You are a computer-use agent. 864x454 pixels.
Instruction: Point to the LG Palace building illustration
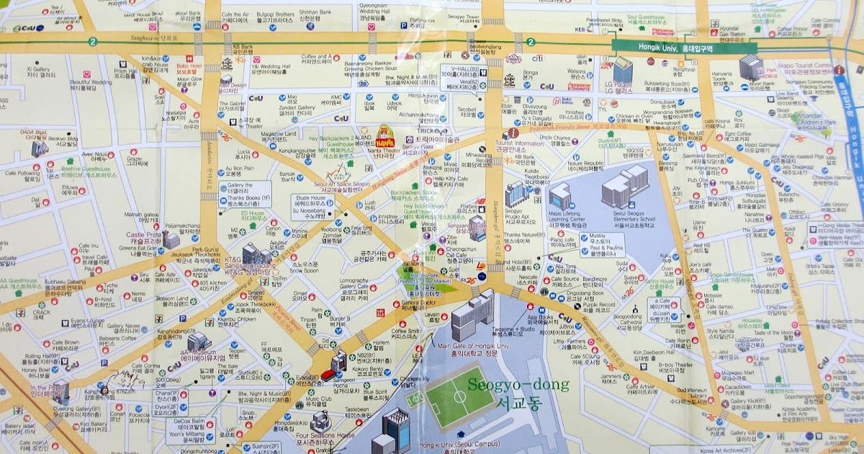click(x=622, y=69)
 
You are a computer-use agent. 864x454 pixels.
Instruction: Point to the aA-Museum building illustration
click(x=198, y=340)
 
